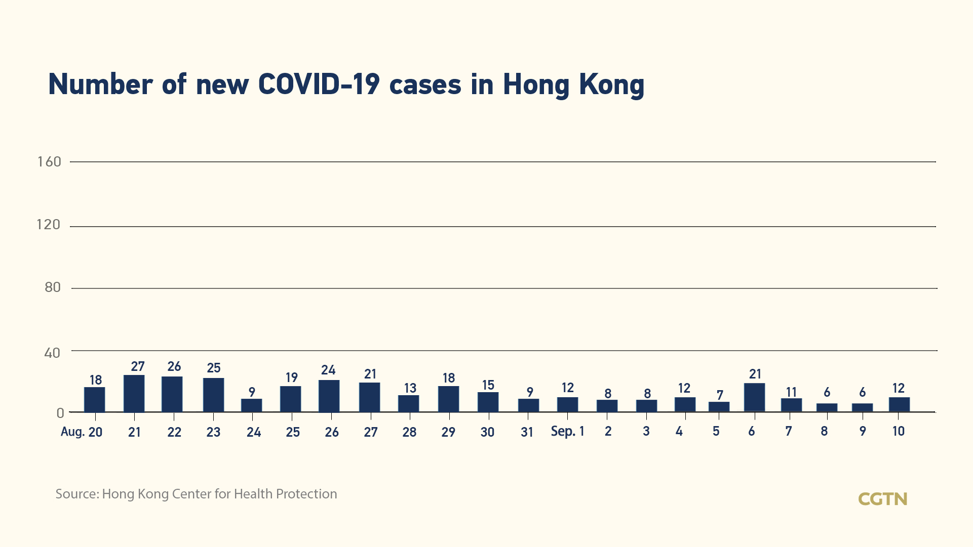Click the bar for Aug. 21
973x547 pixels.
coord(134,394)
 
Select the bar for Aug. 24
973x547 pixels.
coord(252,405)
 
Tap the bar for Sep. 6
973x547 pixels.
coord(755,398)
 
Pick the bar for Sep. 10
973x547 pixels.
coord(899,405)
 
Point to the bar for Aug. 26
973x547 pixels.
coord(329,396)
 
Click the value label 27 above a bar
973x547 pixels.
coord(138,366)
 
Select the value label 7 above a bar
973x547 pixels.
coord(720,395)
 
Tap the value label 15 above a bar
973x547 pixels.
coord(488,385)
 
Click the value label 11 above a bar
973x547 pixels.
coord(791,392)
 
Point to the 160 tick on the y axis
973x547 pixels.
coord(49,162)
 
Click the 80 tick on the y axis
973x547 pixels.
coord(53,287)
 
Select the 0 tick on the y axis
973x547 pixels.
coord(60,413)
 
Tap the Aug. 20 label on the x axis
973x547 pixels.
coord(82,432)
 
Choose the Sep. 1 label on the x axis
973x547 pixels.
coord(567,431)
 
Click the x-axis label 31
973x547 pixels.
coord(527,432)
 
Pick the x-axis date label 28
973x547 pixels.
coord(409,432)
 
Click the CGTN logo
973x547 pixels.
coord(882,499)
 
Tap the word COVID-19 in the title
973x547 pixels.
coord(319,84)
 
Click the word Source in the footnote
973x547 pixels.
coord(76,494)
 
